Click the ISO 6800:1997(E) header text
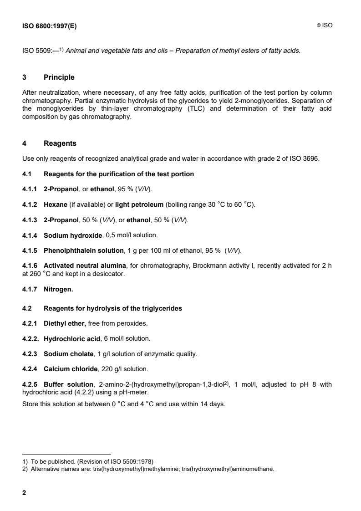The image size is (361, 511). coord(50,26)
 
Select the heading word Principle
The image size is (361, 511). coord(59,77)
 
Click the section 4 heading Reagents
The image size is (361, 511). coord(60,143)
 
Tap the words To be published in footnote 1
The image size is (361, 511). coord(47,460)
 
